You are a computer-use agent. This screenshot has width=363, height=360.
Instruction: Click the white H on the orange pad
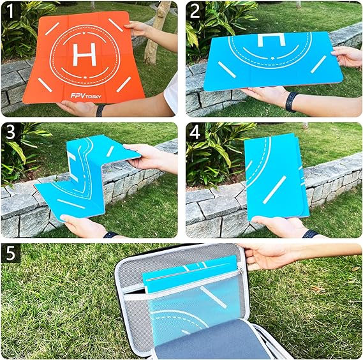point(84,55)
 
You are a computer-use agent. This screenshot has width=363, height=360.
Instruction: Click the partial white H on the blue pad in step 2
point(270,40)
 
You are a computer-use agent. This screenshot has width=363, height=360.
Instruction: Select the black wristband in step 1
point(100,110)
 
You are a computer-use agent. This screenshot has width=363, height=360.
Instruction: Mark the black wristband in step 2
point(291,101)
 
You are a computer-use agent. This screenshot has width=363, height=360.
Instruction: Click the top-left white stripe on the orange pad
point(52,29)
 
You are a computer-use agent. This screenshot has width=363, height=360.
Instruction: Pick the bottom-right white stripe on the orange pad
point(123,84)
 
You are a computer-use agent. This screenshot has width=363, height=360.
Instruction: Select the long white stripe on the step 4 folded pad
point(274,190)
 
